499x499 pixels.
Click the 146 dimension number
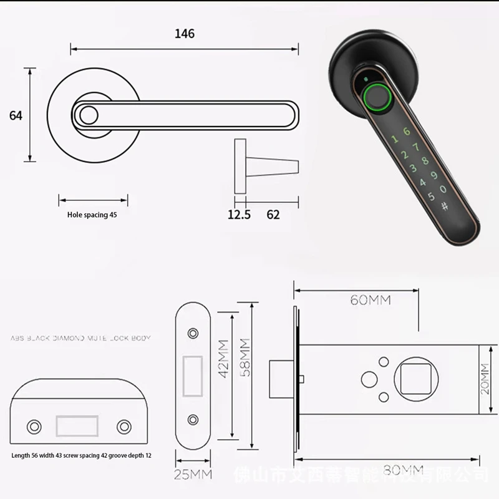click(185, 34)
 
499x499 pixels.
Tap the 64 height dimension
click(16, 115)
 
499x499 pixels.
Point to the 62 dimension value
click(273, 215)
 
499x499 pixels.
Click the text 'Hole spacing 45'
click(92, 214)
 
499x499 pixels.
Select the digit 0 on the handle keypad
click(443, 188)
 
